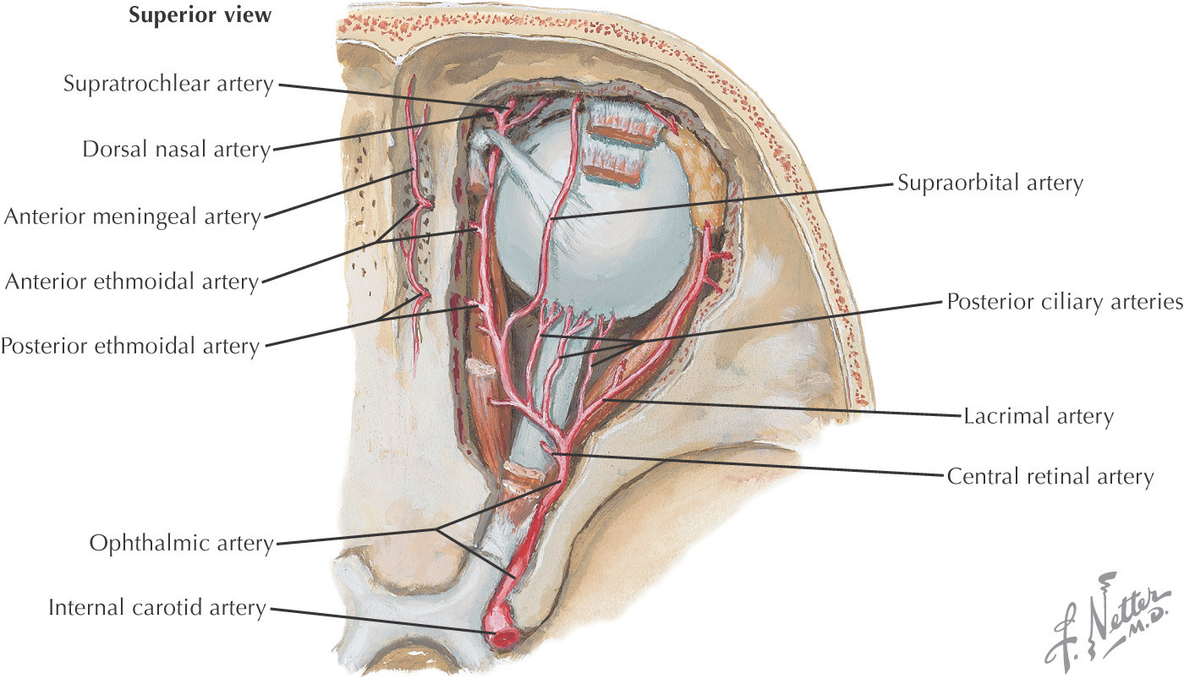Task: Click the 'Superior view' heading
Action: (200, 14)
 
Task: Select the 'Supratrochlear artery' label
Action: (168, 84)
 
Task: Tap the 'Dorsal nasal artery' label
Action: (177, 150)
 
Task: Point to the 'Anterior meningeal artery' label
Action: (133, 216)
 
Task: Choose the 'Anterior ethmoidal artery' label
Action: (132, 282)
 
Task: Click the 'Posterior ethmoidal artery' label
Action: (130, 347)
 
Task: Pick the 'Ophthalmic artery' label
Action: (181, 543)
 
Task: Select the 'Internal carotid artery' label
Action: (157, 608)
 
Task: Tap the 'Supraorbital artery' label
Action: (990, 183)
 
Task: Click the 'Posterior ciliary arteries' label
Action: (1065, 302)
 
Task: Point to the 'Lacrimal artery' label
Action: (1039, 416)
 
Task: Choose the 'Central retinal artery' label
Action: (1050, 477)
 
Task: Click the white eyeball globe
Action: (592, 222)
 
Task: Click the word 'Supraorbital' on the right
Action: (959, 183)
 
